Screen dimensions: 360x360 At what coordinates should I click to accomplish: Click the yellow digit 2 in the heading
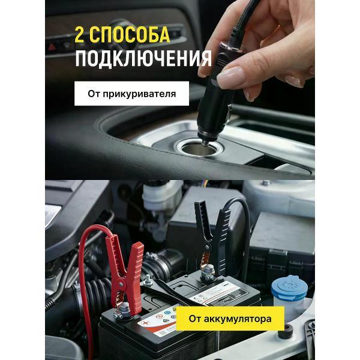[79, 35]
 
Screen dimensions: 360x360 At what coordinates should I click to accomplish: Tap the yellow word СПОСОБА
[130, 35]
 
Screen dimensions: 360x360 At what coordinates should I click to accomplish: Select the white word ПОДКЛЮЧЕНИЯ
[143, 59]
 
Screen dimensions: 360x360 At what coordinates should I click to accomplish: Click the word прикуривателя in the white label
[139, 94]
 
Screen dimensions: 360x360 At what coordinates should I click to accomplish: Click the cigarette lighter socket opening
[197, 149]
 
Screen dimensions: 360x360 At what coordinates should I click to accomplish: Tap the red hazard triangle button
[52, 47]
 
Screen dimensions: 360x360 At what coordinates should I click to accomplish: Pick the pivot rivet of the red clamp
[121, 284]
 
